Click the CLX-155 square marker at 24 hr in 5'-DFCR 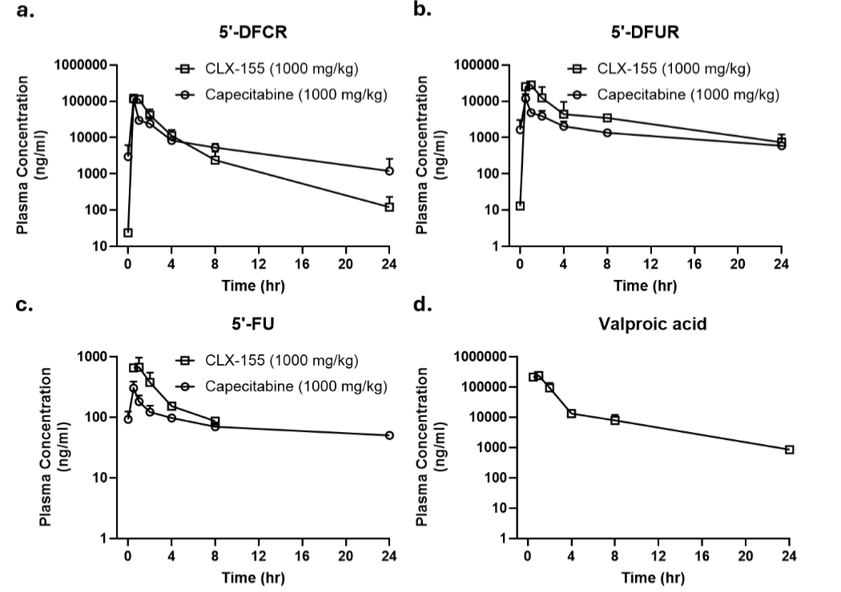click(x=389, y=206)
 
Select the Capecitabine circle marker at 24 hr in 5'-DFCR click(x=389, y=170)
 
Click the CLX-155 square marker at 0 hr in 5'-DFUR click(x=520, y=206)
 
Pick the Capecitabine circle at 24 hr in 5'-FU click(x=389, y=435)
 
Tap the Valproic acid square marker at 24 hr click(x=789, y=450)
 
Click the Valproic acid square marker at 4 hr click(x=571, y=414)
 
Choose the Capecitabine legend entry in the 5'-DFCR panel click(x=285, y=94)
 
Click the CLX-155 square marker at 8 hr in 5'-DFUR click(x=607, y=118)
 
